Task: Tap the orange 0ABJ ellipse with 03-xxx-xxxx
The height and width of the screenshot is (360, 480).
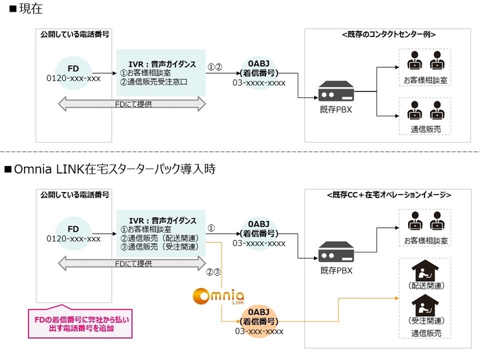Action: point(259,321)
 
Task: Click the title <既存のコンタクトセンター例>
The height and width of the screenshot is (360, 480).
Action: point(388,34)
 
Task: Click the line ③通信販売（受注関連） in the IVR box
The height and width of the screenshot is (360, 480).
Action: point(159,246)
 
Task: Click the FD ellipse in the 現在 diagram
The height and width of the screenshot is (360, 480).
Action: point(73,72)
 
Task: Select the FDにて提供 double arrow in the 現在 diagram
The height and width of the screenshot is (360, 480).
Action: point(132,104)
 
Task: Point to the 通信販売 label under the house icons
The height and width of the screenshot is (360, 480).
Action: point(425,332)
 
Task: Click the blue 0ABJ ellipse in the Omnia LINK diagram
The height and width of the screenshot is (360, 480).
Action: point(259,231)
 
